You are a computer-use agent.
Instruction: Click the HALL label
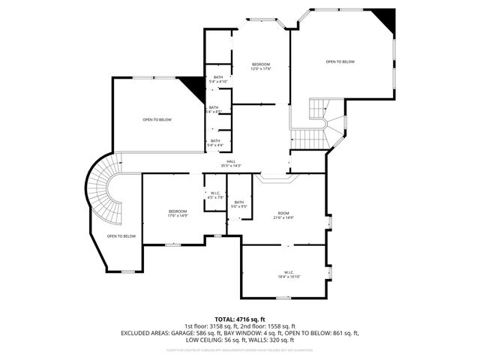point(231,160)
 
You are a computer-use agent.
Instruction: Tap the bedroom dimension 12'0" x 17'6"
point(261,69)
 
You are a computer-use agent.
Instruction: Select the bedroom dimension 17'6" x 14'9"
point(178,216)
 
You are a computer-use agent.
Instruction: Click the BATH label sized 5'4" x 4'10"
point(217,81)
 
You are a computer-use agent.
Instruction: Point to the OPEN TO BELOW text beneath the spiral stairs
point(121,236)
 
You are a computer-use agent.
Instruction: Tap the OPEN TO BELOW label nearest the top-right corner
point(340,61)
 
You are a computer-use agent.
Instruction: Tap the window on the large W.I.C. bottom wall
point(283,298)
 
